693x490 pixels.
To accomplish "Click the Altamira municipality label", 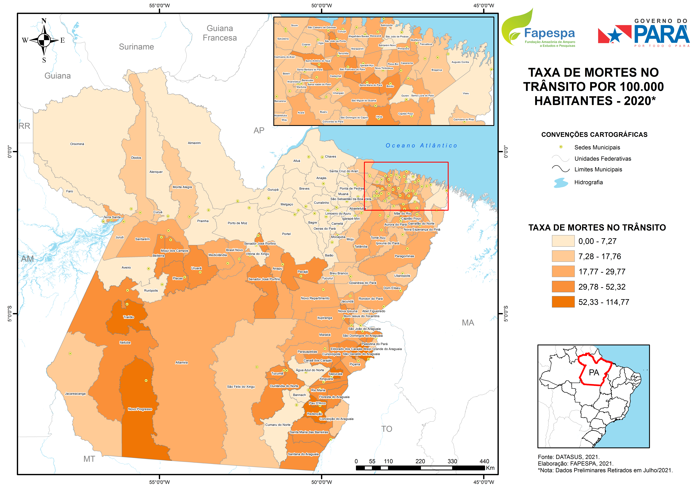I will click(x=181, y=363).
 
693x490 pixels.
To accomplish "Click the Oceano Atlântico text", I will click(x=421, y=146).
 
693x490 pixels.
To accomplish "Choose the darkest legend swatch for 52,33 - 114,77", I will click(x=563, y=302).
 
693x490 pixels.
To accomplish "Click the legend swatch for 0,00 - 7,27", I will click(x=563, y=241).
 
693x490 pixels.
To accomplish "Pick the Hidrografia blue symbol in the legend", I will click(x=561, y=183).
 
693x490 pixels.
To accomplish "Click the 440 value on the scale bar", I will click(x=484, y=461).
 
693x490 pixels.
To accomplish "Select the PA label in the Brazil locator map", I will click(x=594, y=373).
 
